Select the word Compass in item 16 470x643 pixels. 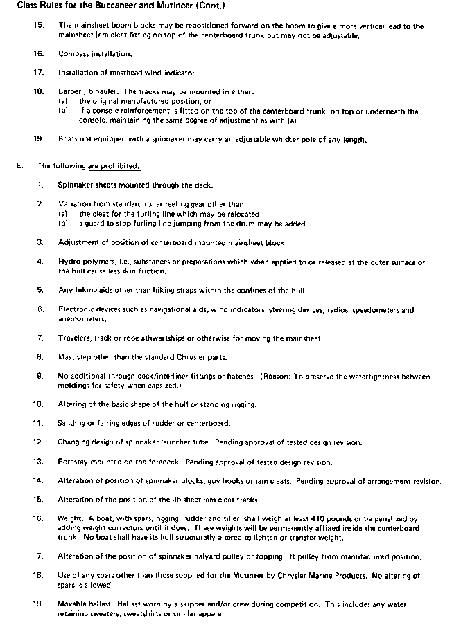coord(73,53)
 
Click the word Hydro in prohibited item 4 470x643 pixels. coord(70,262)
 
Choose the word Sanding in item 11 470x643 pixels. coord(73,422)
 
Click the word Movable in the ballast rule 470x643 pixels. coord(73,604)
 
